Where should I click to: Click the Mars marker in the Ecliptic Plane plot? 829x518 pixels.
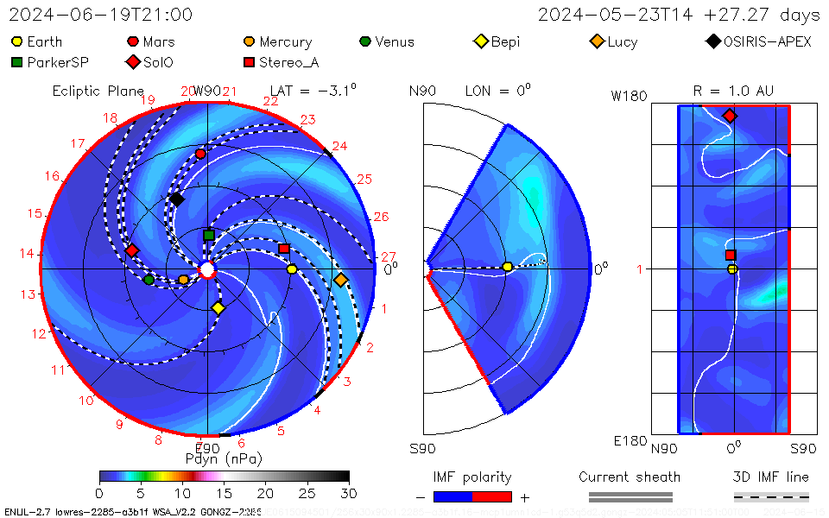(201, 154)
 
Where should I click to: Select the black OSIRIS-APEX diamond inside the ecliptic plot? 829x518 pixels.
(176, 199)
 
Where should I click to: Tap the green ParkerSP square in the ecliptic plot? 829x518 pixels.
(209, 235)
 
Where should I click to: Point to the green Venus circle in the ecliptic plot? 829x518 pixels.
(149, 279)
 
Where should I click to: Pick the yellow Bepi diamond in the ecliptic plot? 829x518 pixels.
(218, 308)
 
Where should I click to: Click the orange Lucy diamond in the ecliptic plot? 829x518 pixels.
(340, 280)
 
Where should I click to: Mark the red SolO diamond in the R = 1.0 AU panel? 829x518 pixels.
(730, 116)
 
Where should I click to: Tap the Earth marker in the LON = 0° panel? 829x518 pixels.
(507, 267)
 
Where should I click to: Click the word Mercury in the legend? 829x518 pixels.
(285, 42)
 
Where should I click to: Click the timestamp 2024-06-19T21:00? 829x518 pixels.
(101, 16)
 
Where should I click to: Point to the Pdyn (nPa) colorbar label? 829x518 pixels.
(224, 458)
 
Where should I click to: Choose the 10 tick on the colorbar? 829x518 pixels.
(182, 493)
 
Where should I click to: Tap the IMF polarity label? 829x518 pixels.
(472, 477)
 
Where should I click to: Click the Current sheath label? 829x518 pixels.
(630, 477)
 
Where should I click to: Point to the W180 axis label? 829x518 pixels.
(629, 96)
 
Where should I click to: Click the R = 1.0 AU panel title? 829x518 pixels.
(733, 91)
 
